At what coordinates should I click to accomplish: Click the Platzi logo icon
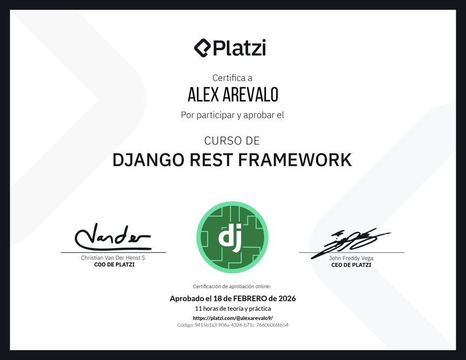click(202, 47)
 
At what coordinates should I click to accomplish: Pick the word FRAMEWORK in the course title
click(295, 160)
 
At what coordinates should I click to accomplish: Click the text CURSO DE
click(232, 141)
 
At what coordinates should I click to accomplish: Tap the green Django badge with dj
click(232, 237)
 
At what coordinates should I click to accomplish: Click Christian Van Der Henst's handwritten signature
click(113, 237)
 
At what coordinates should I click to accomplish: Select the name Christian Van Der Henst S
click(113, 257)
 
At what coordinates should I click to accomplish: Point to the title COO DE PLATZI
click(114, 264)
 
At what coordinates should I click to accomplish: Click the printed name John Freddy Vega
click(351, 258)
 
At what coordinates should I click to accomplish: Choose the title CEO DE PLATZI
click(351, 265)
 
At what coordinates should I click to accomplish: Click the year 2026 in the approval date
click(287, 298)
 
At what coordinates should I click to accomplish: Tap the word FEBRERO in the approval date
click(250, 298)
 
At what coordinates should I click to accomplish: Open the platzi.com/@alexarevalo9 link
click(232, 318)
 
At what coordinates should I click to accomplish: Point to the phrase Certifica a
click(232, 78)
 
